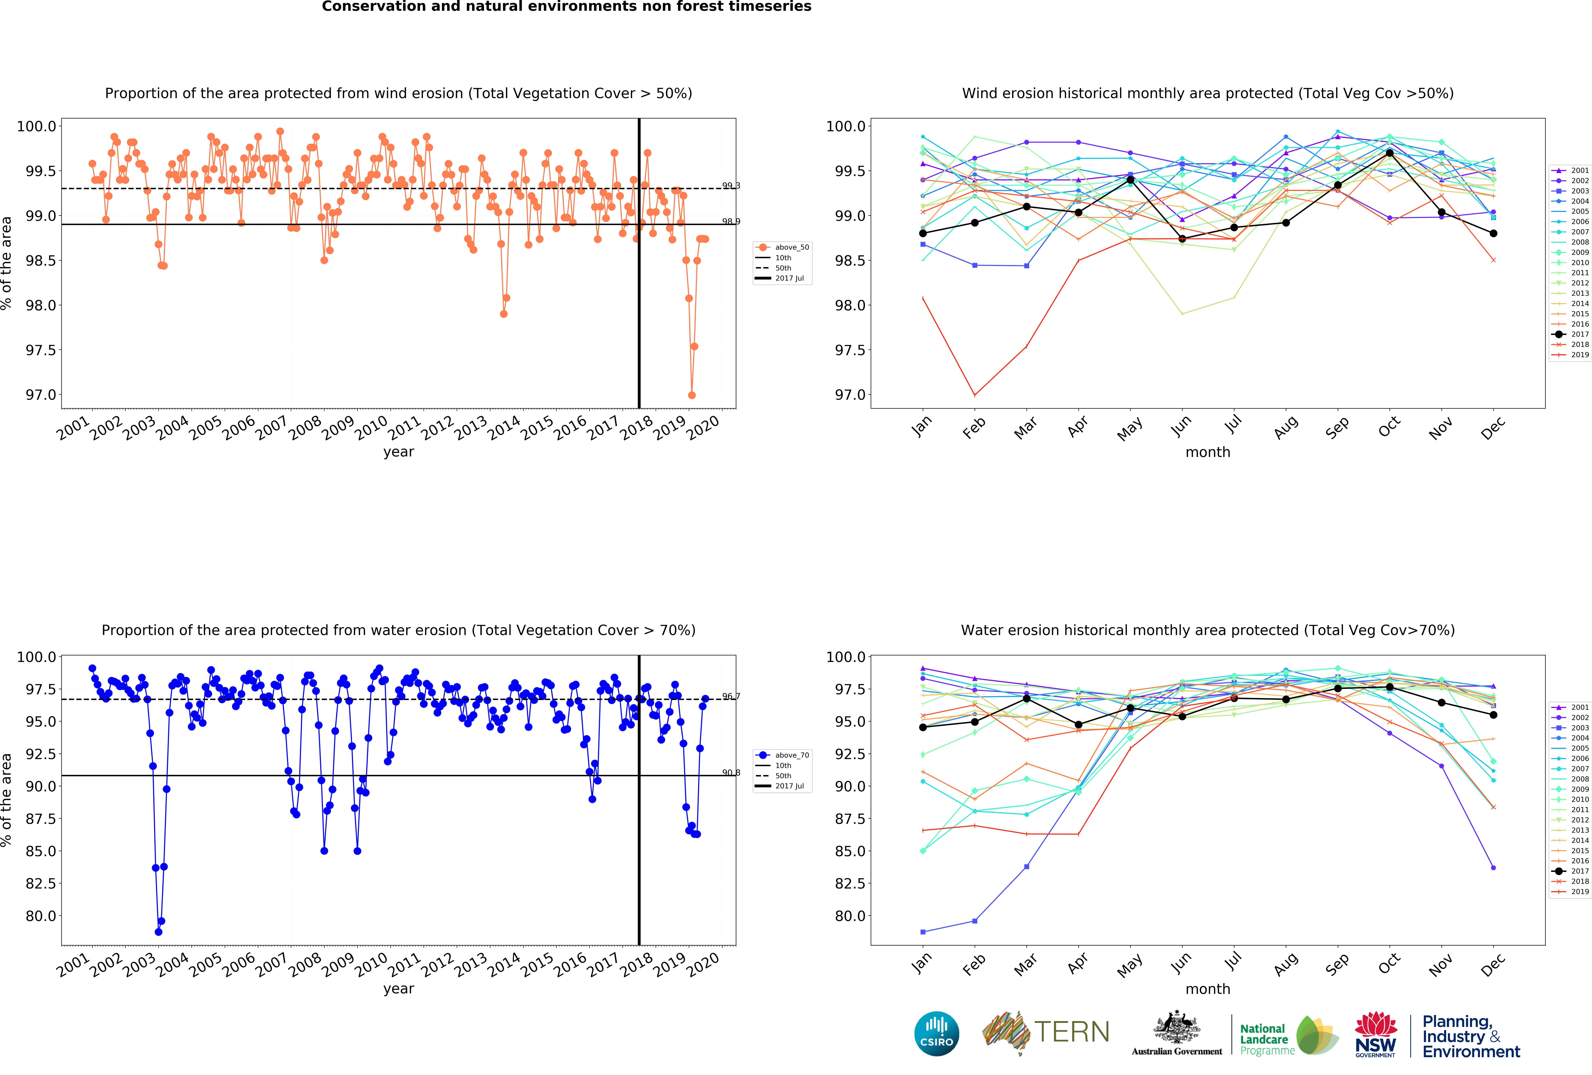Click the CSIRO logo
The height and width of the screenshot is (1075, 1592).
pyautogui.click(x=936, y=1033)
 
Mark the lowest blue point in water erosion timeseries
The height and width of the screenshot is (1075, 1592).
pyautogui.click(x=158, y=932)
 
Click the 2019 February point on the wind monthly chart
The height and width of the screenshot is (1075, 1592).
pyautogui.click(x=975, y=395)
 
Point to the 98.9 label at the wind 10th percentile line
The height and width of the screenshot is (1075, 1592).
pyautogui.click(x=731, y=221)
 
